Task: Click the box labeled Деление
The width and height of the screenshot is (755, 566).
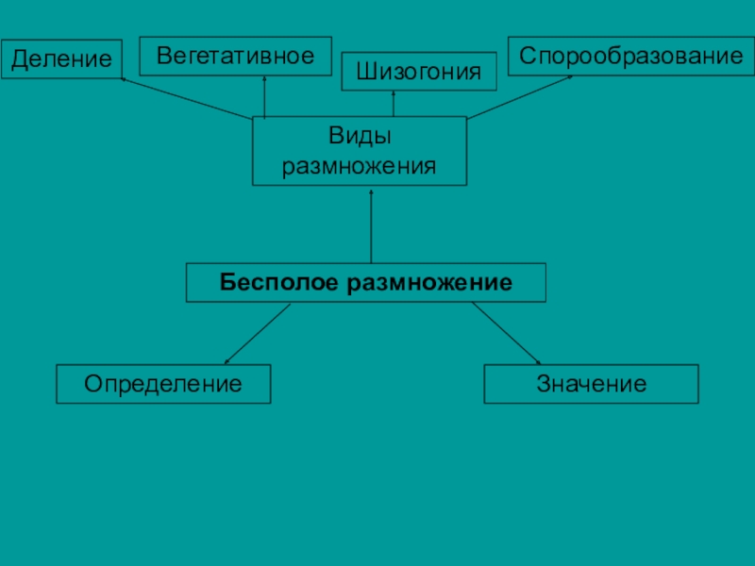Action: [61, 59]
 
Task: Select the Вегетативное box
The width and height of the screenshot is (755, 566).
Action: [235, 56]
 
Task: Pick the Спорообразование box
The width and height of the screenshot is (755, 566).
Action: [630, 56]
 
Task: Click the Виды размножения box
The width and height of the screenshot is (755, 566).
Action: [360, 150]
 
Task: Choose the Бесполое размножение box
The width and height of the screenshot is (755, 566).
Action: [365, 282]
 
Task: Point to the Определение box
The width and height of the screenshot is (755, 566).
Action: [163, 384]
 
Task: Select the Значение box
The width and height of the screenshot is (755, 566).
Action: [591, 384]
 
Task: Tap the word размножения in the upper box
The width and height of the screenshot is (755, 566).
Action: [360, 166]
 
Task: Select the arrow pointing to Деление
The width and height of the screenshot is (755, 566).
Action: [186, 99]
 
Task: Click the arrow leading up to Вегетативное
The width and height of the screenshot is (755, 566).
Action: [264, 96]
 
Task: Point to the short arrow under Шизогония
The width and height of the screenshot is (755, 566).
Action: [393, 104]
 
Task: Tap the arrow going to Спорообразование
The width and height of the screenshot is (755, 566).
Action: [520, 97]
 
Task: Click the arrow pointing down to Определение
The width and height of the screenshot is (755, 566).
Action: [257, 334]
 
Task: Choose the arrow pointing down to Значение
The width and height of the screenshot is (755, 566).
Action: [506, 333]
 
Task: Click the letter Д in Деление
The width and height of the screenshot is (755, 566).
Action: [19, 60]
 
